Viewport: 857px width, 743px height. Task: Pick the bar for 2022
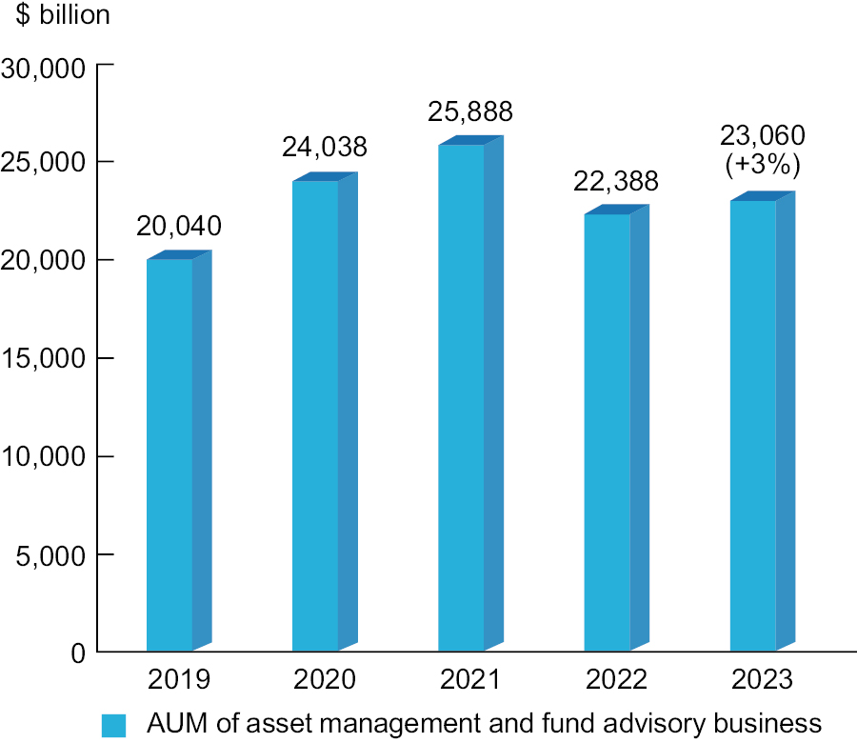(x=607, y=433)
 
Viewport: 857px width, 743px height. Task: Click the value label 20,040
(x=178, y=227)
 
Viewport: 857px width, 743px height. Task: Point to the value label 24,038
(x=324, y=148)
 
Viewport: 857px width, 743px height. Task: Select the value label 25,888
(x=469, y=111)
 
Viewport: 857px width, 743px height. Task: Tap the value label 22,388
(x=615, y=181)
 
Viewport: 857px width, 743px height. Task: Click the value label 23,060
(x=762, y=134)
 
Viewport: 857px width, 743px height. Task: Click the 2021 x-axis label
(x=469, y=679)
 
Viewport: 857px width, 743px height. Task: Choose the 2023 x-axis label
(x=762, y=679)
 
